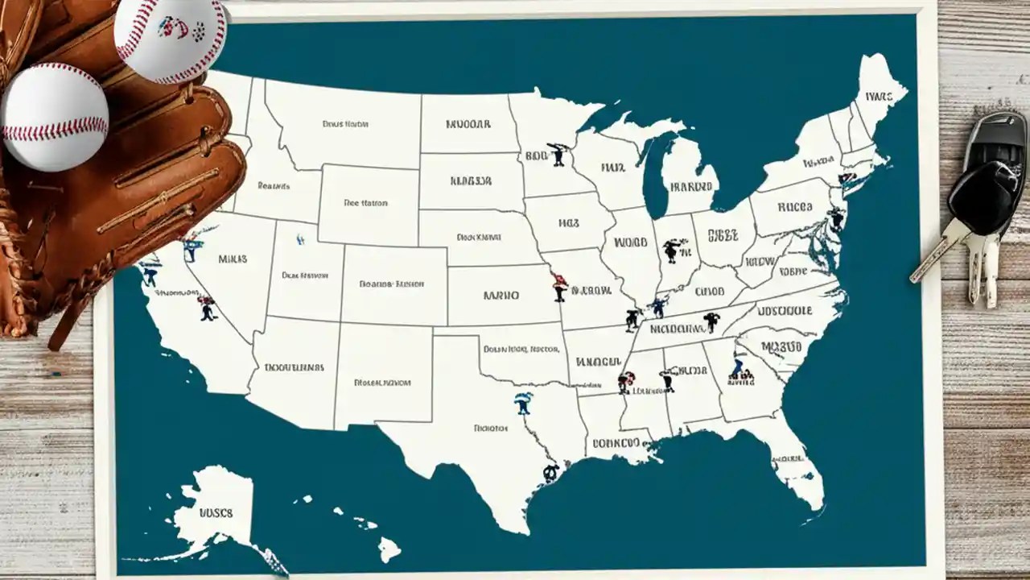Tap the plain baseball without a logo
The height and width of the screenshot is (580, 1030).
tap(55, 116)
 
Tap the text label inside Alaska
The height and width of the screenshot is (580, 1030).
tap(215, 512)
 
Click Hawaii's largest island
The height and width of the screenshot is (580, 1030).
tap(389, 549)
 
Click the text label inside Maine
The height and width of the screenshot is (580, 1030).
tap(878, 96)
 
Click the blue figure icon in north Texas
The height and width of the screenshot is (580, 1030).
tap(523, 403)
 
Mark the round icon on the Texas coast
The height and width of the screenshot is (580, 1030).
tap(550, 473)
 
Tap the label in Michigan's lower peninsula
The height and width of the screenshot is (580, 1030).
tap(690, 187)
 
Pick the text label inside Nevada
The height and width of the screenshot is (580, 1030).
tap(233, 259)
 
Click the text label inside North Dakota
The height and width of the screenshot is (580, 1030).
tap(468, 124)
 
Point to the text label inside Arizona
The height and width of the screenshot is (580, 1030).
tap(294, 367)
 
